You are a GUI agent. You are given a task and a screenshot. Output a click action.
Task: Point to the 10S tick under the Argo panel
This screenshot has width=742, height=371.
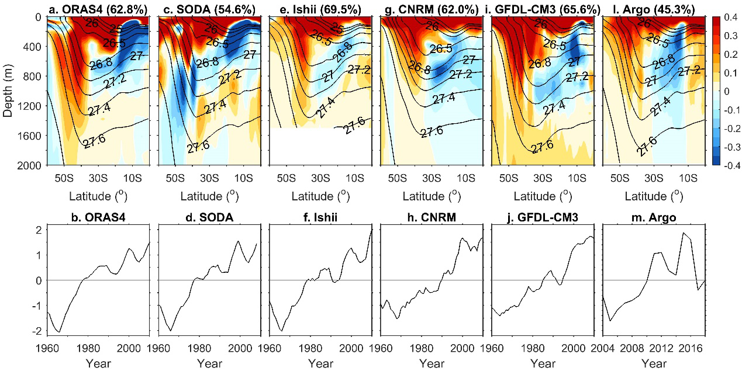click(x=688, y=178)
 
